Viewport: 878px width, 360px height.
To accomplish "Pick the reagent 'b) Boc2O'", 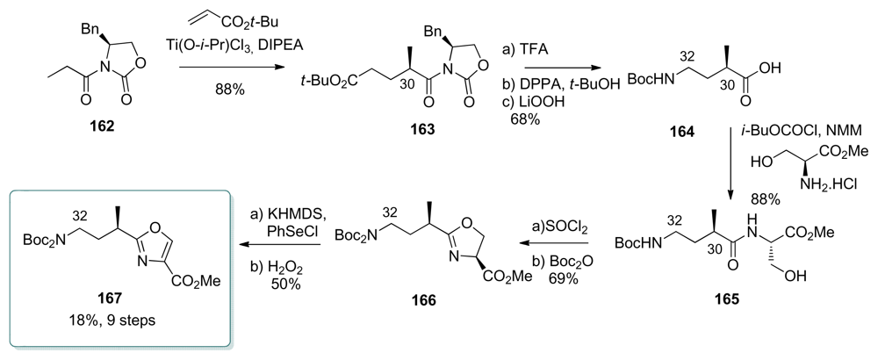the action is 561,262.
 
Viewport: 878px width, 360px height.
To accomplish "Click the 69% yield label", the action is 560,278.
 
